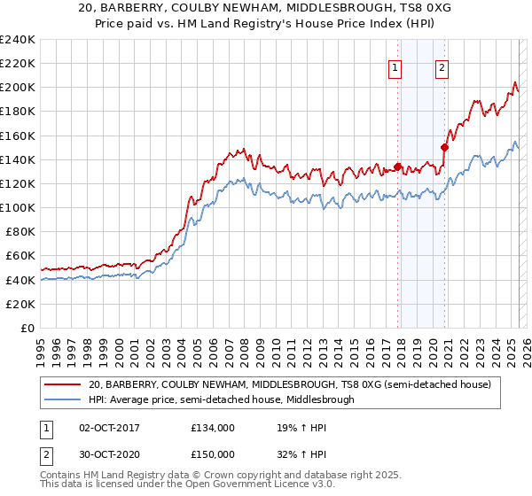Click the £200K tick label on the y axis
(x=18, y=88)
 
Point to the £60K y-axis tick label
(x=20, y=256)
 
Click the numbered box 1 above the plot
(x=394, y=65)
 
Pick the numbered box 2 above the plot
(x=441, y=65)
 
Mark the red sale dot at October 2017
(x=397, y=167)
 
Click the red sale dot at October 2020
(x=445, y=148)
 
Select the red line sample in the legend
(x=63, y=384)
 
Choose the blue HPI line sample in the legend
(x=63, y=399)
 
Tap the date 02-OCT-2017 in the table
(x=110, y=427)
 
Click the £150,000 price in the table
(x=213, y=453)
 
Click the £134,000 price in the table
(x=213, y=427)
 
